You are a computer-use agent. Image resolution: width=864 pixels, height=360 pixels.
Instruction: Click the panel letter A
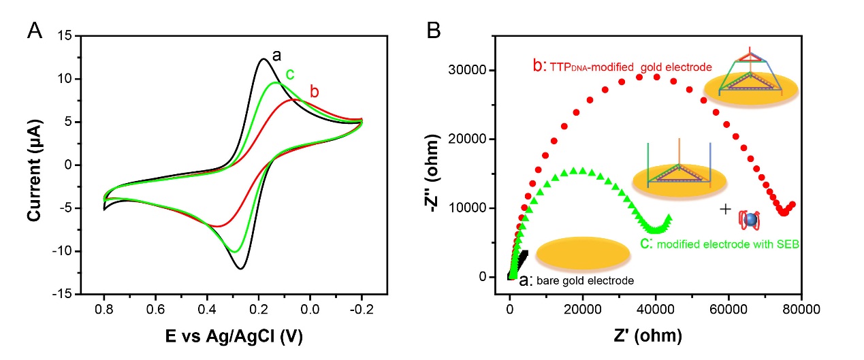tap(35, 31)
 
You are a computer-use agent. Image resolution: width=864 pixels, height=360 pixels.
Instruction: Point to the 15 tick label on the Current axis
tap(65, 35)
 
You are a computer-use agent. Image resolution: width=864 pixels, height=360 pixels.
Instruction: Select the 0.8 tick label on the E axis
tap(104, 309)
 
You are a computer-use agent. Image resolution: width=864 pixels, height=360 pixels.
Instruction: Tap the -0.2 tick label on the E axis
tap(361, 309)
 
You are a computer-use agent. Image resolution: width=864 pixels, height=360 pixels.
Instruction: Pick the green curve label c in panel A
tap(289, 73)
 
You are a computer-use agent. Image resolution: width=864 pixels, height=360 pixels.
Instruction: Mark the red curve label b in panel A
tap(315, 91)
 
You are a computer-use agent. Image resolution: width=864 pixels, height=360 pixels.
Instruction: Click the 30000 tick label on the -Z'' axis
tap(474, 71)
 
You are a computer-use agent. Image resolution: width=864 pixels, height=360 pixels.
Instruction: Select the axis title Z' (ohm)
tap(655, 335)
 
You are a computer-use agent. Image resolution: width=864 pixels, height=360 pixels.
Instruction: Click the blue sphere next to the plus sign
tap(750, 219)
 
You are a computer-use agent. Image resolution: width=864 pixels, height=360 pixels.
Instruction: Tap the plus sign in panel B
tap(726, 209)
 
